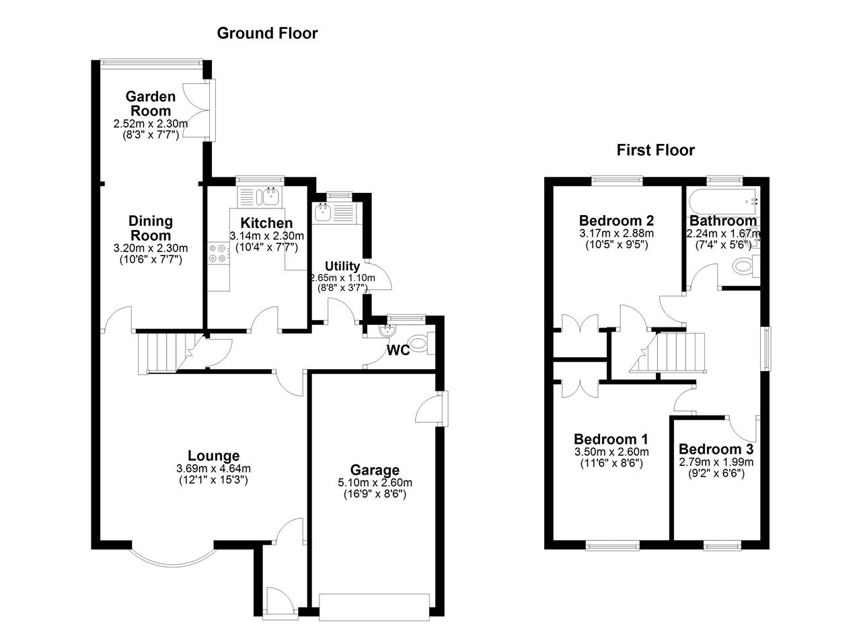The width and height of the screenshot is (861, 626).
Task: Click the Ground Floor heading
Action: pyautogui.click(x=267, y=33)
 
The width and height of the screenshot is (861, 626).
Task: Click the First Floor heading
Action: pyautogui.click(x=655, y=150)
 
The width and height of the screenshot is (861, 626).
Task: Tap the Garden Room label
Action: pyautogui.click(x=151, y=104)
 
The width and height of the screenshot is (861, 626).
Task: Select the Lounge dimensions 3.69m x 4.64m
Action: pyautogui.click(x=213, y=469)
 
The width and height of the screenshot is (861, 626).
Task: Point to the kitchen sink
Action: pyautogui.click(x=271, y=197)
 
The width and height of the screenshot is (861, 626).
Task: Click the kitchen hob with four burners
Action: pyautogui.click(x=218, y=253)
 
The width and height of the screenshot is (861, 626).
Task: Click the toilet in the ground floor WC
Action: pyautogui.click(x=419, y=345)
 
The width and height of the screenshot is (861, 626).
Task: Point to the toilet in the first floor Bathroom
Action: pyautogui.click(x=744, y=267)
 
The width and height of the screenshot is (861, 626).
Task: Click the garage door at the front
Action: pyautogui.click(x=374, y=607)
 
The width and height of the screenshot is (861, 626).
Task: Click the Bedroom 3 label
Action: pyautogui.click(x=716, y=449)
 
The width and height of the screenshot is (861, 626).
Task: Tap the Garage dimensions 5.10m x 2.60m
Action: pyautogui.click(x=375, y=483)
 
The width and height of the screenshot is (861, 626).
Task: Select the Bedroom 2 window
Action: pyautogui.click(x=617, y=180)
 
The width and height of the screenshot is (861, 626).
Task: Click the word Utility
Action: pyautogui.click(x=342, y=266)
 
